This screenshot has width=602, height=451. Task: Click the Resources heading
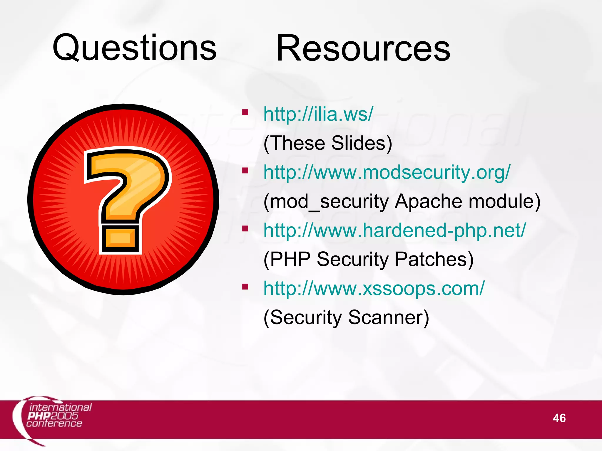363,48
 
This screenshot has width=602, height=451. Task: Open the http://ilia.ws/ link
318,114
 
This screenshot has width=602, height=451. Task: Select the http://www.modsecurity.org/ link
387,172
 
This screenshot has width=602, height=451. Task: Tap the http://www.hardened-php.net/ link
394,230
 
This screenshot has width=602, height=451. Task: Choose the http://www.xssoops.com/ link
374,288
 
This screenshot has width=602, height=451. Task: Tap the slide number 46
559,418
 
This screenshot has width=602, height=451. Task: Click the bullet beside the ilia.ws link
245,112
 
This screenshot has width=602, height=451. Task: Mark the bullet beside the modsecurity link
245,170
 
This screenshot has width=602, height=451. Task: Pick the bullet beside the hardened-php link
245,228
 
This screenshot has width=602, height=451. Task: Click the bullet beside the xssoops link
245,287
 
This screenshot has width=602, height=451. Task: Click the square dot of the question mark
120,238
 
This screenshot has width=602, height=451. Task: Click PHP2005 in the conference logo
53,416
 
